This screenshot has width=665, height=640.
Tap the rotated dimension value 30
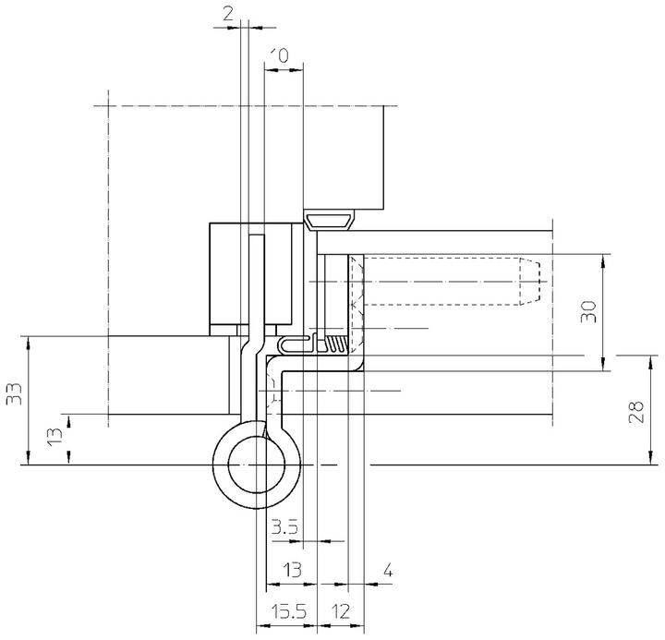[591, 311]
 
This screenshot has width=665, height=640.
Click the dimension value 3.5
[284, 528]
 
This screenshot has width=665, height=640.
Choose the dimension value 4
[389, 573]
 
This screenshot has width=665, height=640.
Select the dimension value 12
[341, 611]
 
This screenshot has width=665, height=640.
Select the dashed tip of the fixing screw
[528, 281]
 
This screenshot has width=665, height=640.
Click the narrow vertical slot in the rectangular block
[259, 282]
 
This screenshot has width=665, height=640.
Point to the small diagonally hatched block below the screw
[339, 344]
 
